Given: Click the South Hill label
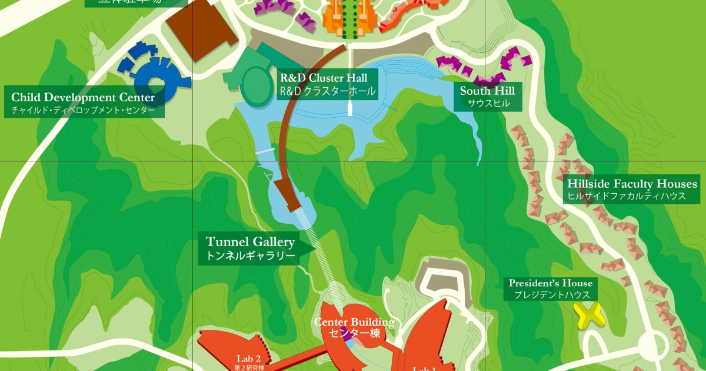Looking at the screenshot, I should click(x=487, y=91).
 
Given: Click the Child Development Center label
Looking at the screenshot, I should click(x=83, y=97).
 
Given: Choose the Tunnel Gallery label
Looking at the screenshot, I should click(x=250, y=241).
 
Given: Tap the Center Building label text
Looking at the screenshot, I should click(x=354, y=322).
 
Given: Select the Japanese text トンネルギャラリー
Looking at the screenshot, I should click(x=250, y=256).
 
